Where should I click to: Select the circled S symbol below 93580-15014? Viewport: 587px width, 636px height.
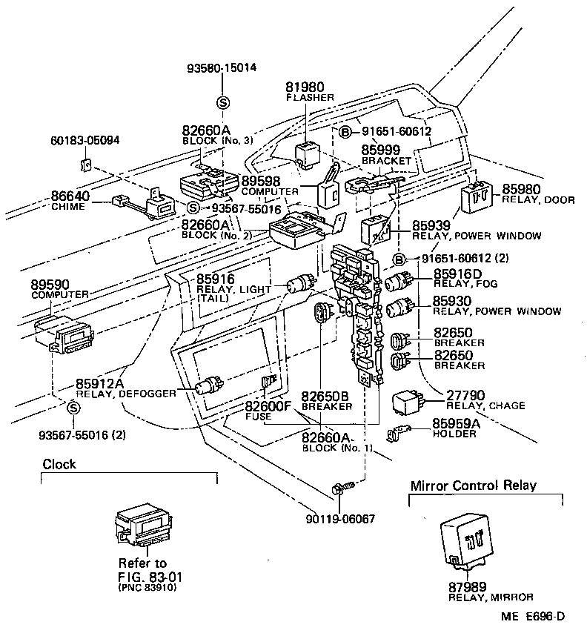(x=222, y=102)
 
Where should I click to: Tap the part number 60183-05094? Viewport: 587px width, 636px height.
(x=84, y=140)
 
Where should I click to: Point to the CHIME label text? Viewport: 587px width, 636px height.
(x=69, y=207)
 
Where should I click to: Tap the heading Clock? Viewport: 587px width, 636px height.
(x=59, y=465)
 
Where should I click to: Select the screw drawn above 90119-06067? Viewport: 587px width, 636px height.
(x=342, y=487)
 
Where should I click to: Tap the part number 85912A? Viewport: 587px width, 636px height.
(x=100, y=383)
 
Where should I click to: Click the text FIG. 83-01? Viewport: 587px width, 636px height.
(x=150, y=576)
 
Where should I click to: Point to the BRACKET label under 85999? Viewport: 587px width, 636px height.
(x=385, y=160)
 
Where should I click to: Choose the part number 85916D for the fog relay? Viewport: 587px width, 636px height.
(x=457, y=274)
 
